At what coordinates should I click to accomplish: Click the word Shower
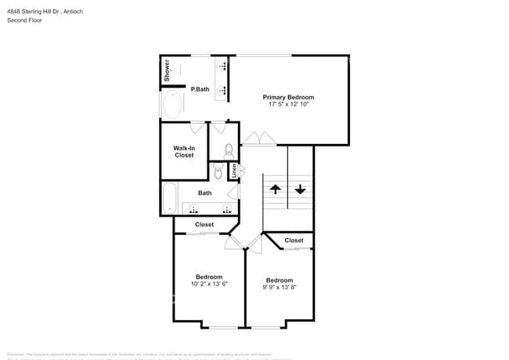click(167, 70)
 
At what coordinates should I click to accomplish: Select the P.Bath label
click(200, 89)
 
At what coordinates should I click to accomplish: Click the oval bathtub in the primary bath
click(172, 104)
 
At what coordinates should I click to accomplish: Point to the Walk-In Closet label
click(184, 151)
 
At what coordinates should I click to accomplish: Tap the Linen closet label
click(233, 170)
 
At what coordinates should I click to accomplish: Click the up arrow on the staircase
click(275, 189)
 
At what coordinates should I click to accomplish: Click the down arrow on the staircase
click(300, 189)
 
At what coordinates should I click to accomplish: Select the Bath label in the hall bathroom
click(204, 193)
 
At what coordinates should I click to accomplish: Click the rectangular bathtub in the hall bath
click(170, 197)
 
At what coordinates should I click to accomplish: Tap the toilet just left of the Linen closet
click(218, 170)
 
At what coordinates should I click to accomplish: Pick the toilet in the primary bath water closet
click(228, 150)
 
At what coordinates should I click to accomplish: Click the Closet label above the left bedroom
click(204, 225)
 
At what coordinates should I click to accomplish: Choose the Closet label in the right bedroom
click(294, 240)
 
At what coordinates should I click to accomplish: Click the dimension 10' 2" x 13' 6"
click(208, 284)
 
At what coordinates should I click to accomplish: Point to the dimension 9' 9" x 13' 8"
click(279, 287)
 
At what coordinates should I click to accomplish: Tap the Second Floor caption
click(25, 20)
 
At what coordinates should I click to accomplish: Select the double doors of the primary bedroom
click(258, 139)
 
